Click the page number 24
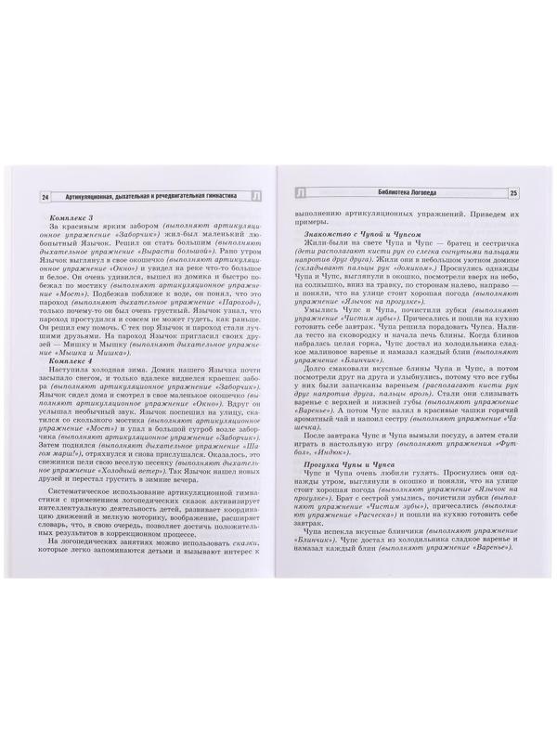pyautogui.click(x=42, y=196)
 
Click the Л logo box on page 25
pyautogui.click(x=301, y=193)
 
